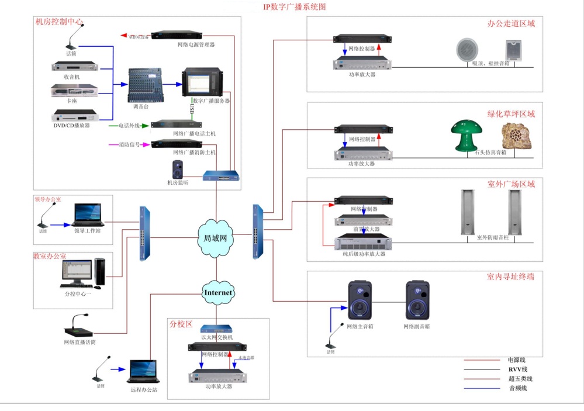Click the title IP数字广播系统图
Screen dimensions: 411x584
[294, 7]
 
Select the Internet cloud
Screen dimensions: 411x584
[218, 292]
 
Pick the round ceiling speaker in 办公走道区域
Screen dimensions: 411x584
[467, 49]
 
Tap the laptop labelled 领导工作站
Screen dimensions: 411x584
[88, 215]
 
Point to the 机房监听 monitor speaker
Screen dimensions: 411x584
[178, 170]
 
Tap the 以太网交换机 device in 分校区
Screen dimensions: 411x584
[217, 329]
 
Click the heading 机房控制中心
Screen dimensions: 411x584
[59, 22]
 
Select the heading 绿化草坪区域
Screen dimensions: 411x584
[511, 114]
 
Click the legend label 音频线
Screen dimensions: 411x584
[518, 388]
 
